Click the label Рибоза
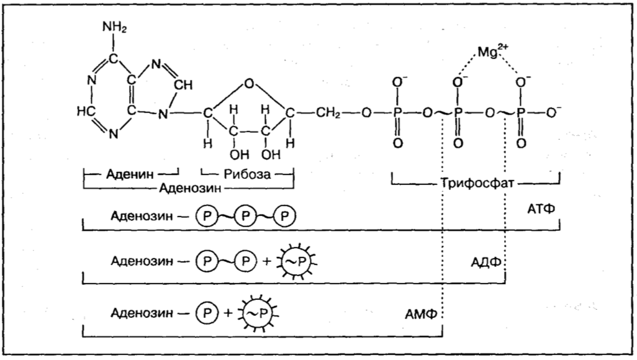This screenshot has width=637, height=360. coord(246,174)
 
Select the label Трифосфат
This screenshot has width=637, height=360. coord(475,184)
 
